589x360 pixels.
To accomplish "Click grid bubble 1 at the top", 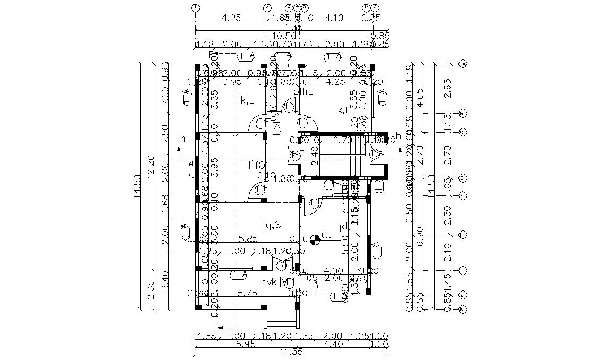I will (196, 7).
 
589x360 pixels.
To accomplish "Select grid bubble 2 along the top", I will (267, 7).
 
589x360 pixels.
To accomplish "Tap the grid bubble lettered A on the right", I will (463, 64).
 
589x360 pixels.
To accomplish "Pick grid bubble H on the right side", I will (463, 234).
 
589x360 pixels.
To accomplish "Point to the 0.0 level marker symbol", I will (315, 239).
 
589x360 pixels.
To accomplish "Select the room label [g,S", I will (271, 225).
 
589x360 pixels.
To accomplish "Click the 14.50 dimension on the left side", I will (136, 186).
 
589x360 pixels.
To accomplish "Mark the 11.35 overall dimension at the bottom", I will (291, 352).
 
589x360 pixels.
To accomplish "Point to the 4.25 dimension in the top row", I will (231, 18).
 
